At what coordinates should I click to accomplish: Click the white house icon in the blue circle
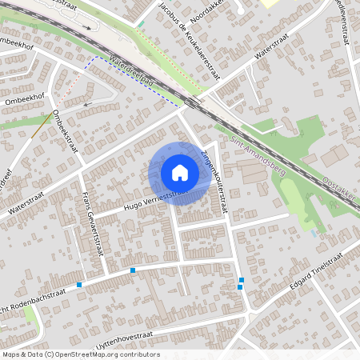pyautogui.click(x=180, y=173)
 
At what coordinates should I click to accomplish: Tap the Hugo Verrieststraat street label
pyautogui.click(x=152, y=200)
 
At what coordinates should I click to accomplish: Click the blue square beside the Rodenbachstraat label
pyautogui.click(x=79, y=285)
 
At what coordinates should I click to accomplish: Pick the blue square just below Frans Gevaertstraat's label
pyautogui.click(x=133, y=271)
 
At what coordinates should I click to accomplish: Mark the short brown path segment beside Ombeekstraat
pyautogui.click(x=43, y=126)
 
